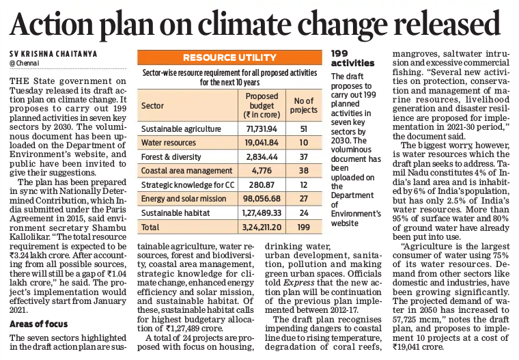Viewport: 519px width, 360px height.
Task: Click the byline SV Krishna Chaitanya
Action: tap(53, 54)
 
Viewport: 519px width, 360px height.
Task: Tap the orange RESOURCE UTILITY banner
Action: tap(229, 57)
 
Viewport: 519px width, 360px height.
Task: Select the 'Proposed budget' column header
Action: tap(262, 106)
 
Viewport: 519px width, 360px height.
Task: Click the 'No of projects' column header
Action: tap(304, 105)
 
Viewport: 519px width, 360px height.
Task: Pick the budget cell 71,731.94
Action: tap(262, 129)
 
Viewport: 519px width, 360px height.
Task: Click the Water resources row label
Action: tap(169, 143)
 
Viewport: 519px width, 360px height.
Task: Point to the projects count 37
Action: tap(304, 156)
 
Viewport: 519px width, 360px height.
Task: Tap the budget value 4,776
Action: tap(262, 171)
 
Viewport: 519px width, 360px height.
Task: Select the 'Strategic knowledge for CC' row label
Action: tap(188, 185)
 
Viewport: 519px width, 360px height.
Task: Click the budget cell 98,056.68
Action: tap(262, 199)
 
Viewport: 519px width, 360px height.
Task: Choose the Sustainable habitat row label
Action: tap(176, 213)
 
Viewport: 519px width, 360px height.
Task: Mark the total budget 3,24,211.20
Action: tap(262, 227)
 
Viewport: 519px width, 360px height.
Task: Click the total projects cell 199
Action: tap(304, 227)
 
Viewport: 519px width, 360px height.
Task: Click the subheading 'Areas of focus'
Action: tap(38, 324)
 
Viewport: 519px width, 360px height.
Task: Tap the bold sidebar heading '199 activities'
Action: tap(352, 58)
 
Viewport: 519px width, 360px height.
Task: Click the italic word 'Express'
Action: tap(299, 283)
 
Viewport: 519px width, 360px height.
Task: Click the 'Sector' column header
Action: tap(152, 106)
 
